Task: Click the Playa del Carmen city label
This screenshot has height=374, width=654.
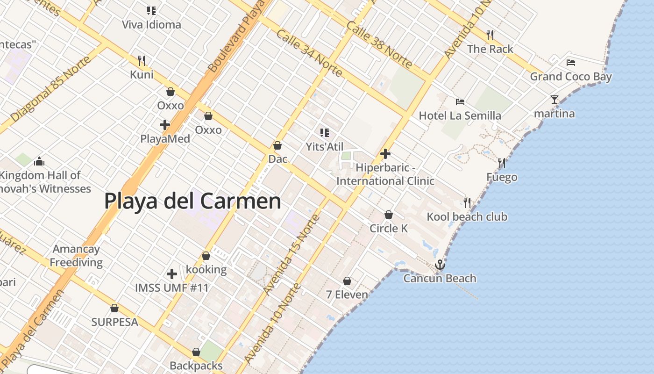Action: point(192,201)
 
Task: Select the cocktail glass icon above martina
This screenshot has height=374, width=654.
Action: point(554,100)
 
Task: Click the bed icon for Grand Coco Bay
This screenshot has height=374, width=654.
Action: point(570,62)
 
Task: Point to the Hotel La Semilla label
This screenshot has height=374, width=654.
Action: point(460,115)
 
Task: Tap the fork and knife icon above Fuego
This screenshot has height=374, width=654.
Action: point(502,163)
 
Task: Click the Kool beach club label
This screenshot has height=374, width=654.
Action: point(467,217)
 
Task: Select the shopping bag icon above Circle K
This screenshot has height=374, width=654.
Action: point(388,215)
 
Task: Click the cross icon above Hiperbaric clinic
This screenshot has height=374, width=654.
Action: point(385,153)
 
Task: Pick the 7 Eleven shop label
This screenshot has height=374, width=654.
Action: point(347,295)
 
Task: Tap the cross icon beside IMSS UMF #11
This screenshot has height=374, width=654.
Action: point(172,273)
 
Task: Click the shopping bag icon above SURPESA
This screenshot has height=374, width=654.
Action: point(114,308)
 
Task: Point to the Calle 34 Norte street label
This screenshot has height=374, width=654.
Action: point(309,53)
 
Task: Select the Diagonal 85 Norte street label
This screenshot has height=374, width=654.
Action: point(45,95)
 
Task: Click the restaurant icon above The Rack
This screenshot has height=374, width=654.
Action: point(490,35)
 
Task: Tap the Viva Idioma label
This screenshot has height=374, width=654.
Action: point(151,25)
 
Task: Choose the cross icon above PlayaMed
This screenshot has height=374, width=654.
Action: point(164,125)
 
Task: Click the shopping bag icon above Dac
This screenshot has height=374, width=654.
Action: point(277,145)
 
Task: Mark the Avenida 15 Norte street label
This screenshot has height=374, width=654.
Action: point(291,255)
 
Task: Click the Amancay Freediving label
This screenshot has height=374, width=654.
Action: point(76,256)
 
